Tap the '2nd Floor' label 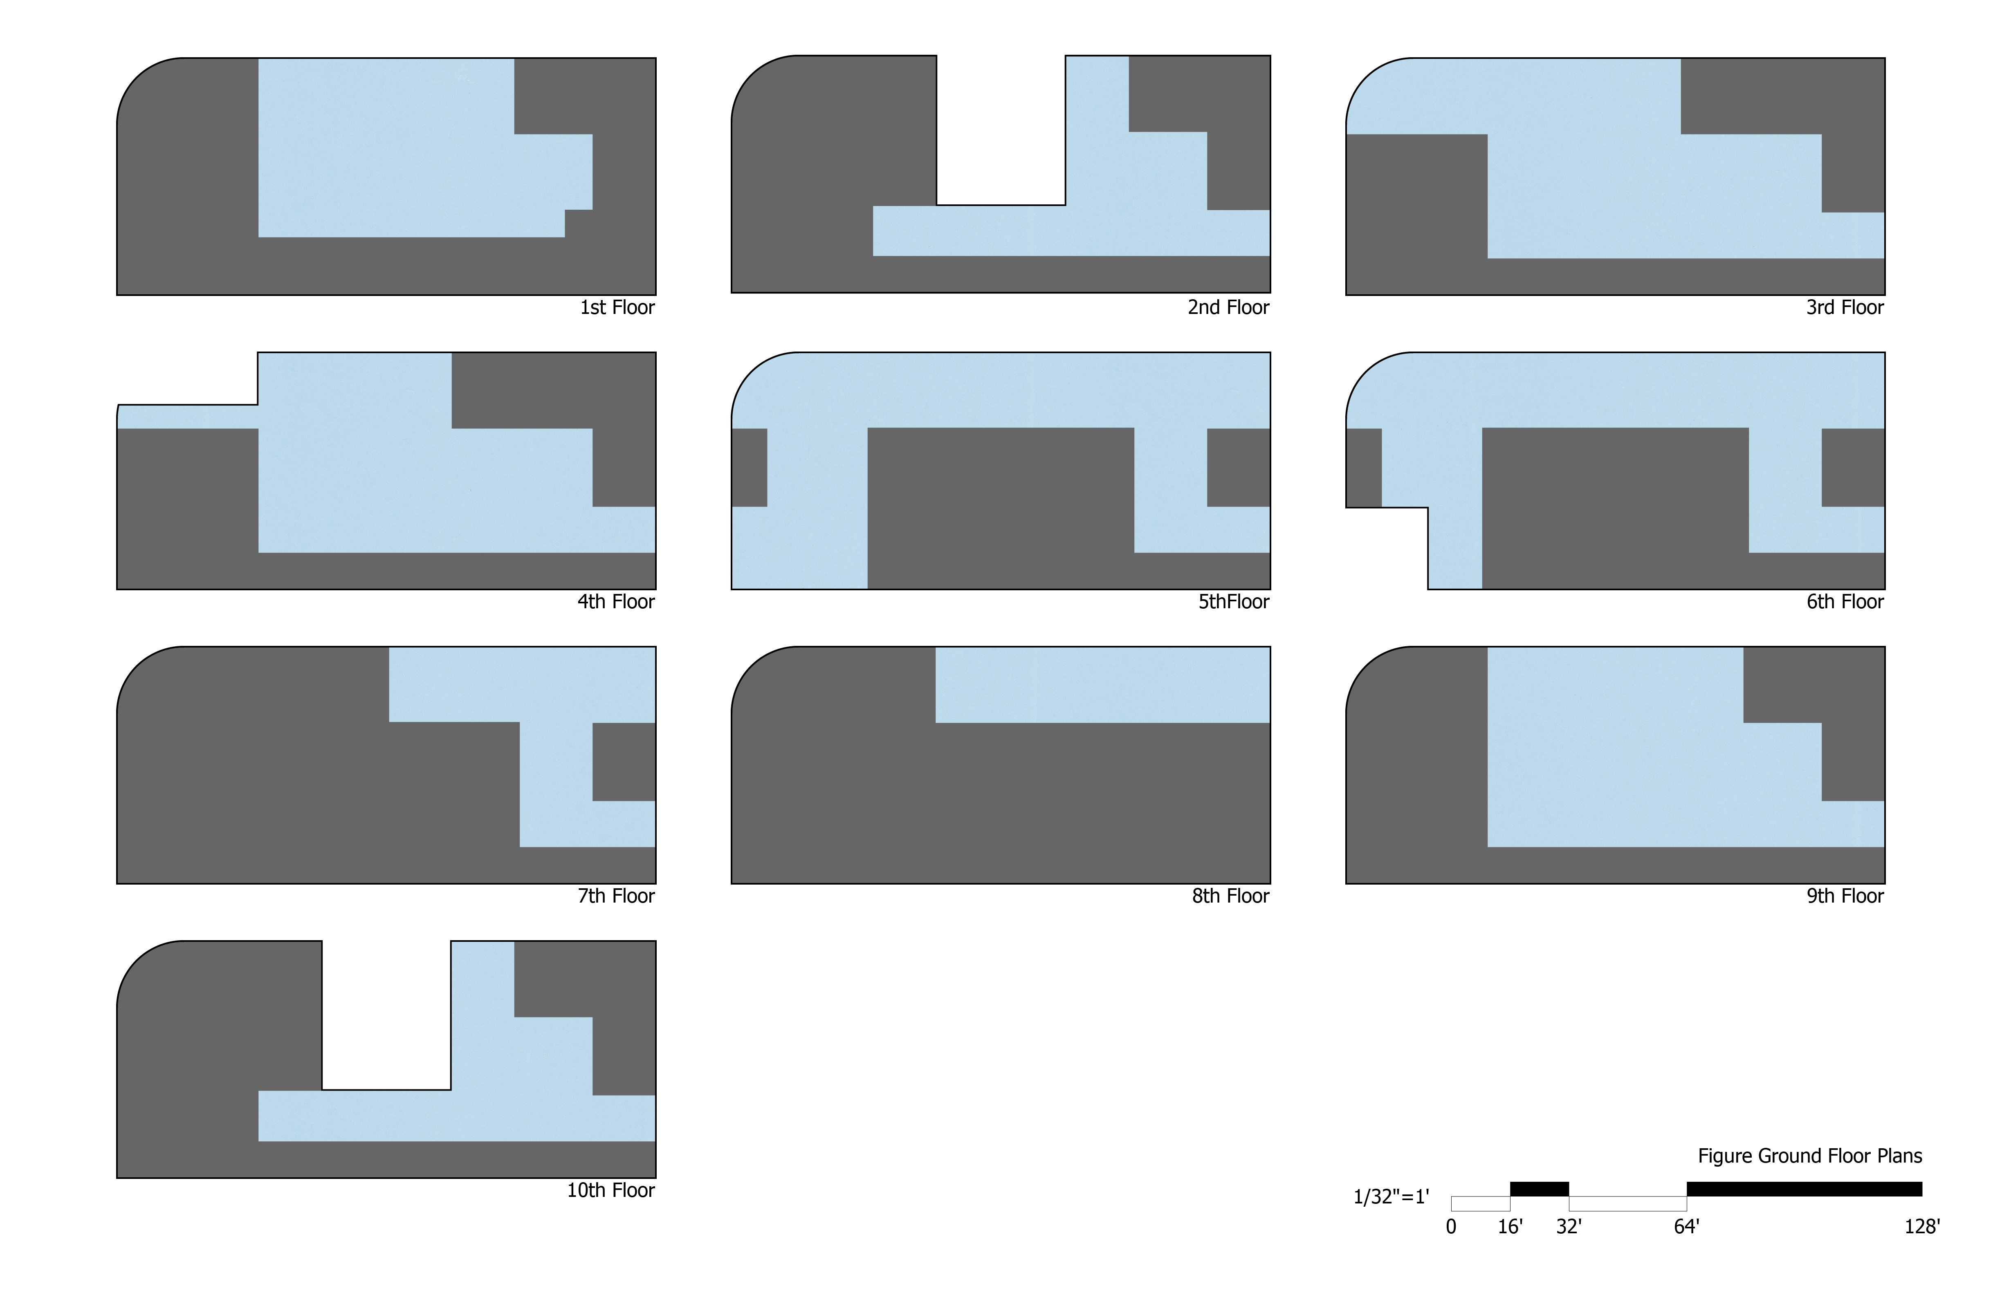point(1228,308)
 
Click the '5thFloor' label point(1233,602)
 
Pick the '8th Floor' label point(1230,896)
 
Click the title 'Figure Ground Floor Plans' point(1809,1156)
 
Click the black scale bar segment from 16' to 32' point(1540,1189)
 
